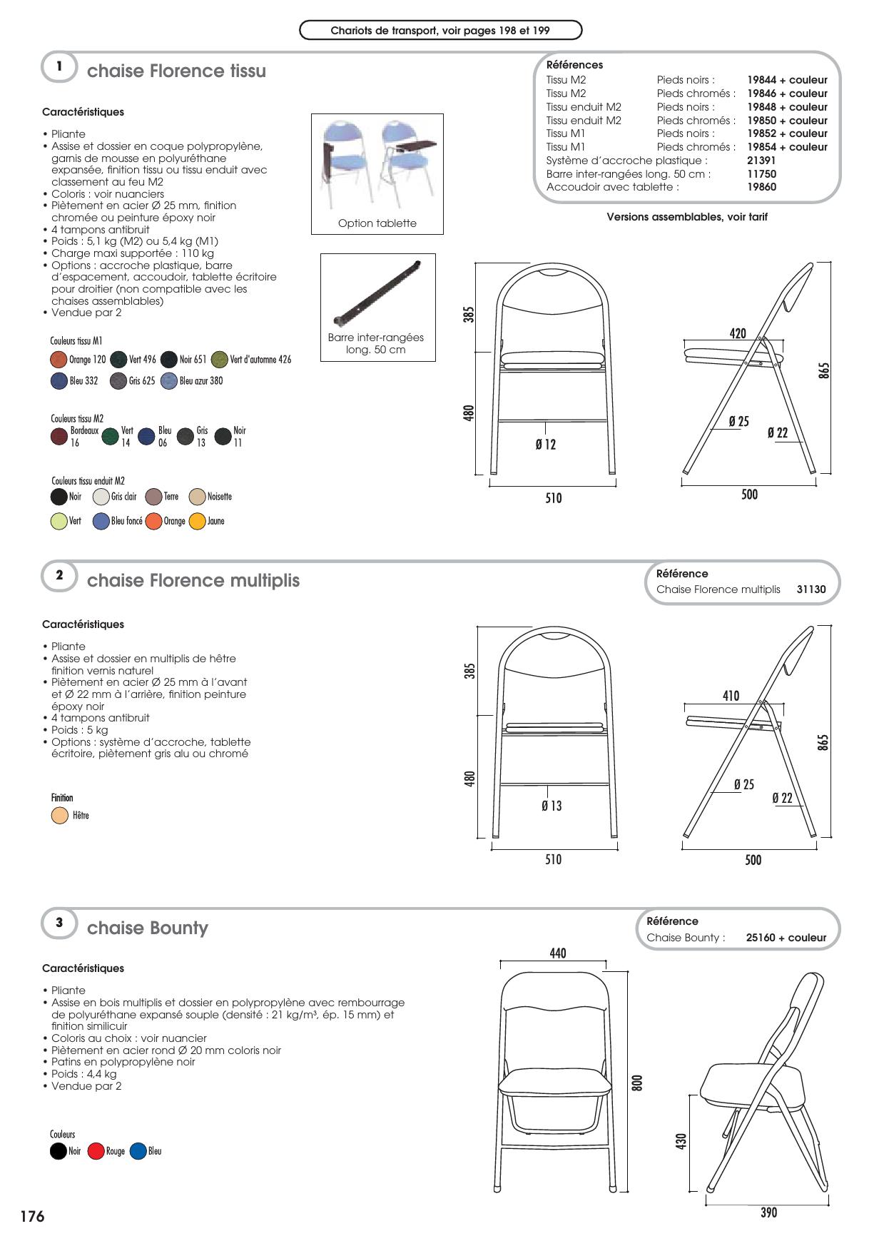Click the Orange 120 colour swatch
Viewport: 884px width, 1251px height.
(x=59, y=359)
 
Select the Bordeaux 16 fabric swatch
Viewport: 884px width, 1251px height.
(x=59, y=437)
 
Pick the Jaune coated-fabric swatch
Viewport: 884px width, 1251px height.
(x=197, y=522)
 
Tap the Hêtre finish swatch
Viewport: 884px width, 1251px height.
(x=60, y=816)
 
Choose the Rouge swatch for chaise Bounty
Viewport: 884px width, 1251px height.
(x=96, y=1151)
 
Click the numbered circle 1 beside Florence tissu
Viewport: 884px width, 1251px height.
(x=59, y=67)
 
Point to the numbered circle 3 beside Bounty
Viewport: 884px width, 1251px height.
(x=59, y=923)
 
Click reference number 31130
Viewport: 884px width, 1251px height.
(x=811, y=589)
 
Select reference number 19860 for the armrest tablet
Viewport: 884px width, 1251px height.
(x=761, y=187)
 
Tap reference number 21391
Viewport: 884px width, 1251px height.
(x=761, y=161)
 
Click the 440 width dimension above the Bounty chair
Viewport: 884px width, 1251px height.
(x=558, y=953)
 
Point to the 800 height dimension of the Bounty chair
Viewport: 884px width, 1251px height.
(x=638, y=1083)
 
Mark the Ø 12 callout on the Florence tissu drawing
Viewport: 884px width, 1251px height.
(x=546, y=445)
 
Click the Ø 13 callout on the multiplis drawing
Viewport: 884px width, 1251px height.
(x=552, y=806)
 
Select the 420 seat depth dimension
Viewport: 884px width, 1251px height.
(x=738, y=333)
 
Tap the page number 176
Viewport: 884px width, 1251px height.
(x=32, y=1217)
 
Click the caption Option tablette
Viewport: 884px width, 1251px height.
(x=377, y=223)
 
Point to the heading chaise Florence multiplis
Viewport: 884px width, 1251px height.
(x=193, y=580)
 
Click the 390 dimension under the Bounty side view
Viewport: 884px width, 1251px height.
(x=768, y=1212)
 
